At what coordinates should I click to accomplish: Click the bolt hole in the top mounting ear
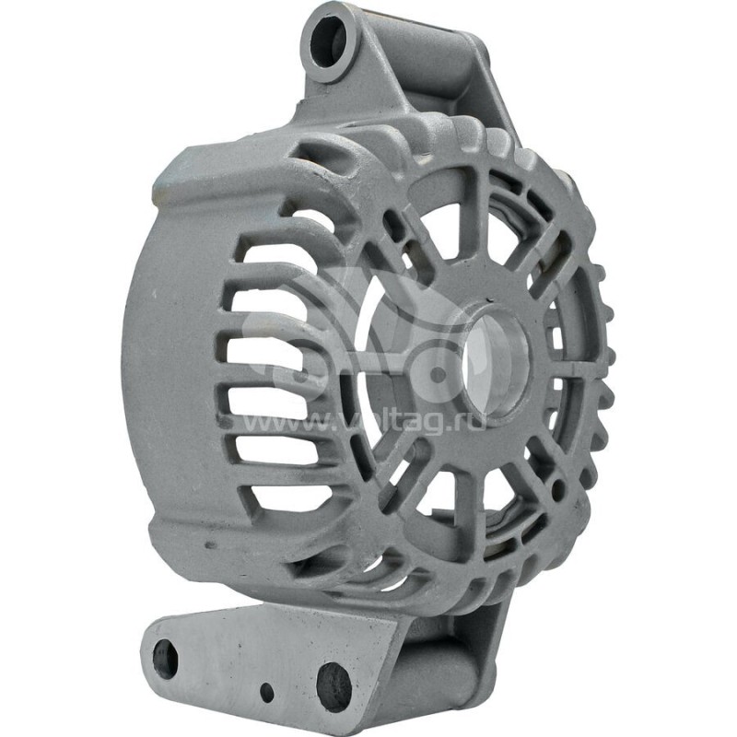click(x=329, y=41)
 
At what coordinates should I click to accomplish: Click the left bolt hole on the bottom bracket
click(x=166, y=659)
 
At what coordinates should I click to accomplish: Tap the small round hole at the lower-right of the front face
click(x=556, y=492)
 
